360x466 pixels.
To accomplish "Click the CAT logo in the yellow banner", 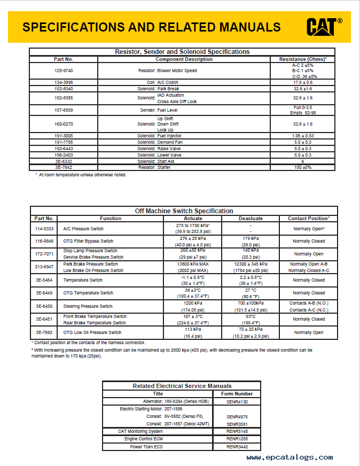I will point(324,26).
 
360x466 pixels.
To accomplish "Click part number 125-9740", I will point(64,70).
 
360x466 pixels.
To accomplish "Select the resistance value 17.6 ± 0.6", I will point(303,82).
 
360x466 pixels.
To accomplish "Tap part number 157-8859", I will point(64,110).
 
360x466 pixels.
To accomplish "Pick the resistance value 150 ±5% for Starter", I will point(302,168).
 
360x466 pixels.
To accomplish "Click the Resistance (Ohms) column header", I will point(303,59).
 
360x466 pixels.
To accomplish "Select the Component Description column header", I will point(184,59).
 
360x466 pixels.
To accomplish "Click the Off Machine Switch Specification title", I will point(184,211).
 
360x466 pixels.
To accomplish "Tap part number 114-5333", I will point(44,229).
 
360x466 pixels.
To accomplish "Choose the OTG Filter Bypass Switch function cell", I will point(89,241).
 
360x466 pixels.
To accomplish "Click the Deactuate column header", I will point(251,219).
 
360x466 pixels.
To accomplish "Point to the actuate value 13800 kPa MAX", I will point(193,264).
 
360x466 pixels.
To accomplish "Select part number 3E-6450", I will point(44,306).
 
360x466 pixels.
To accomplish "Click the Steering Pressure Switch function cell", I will point(88,306).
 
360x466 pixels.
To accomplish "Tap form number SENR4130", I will point(237,401).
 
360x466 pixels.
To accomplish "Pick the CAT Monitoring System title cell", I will point(140,431).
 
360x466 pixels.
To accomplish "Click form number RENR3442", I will point(237,447).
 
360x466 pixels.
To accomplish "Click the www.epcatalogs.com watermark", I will point(290,457).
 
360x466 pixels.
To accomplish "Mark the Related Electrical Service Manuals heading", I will point(182,386).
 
